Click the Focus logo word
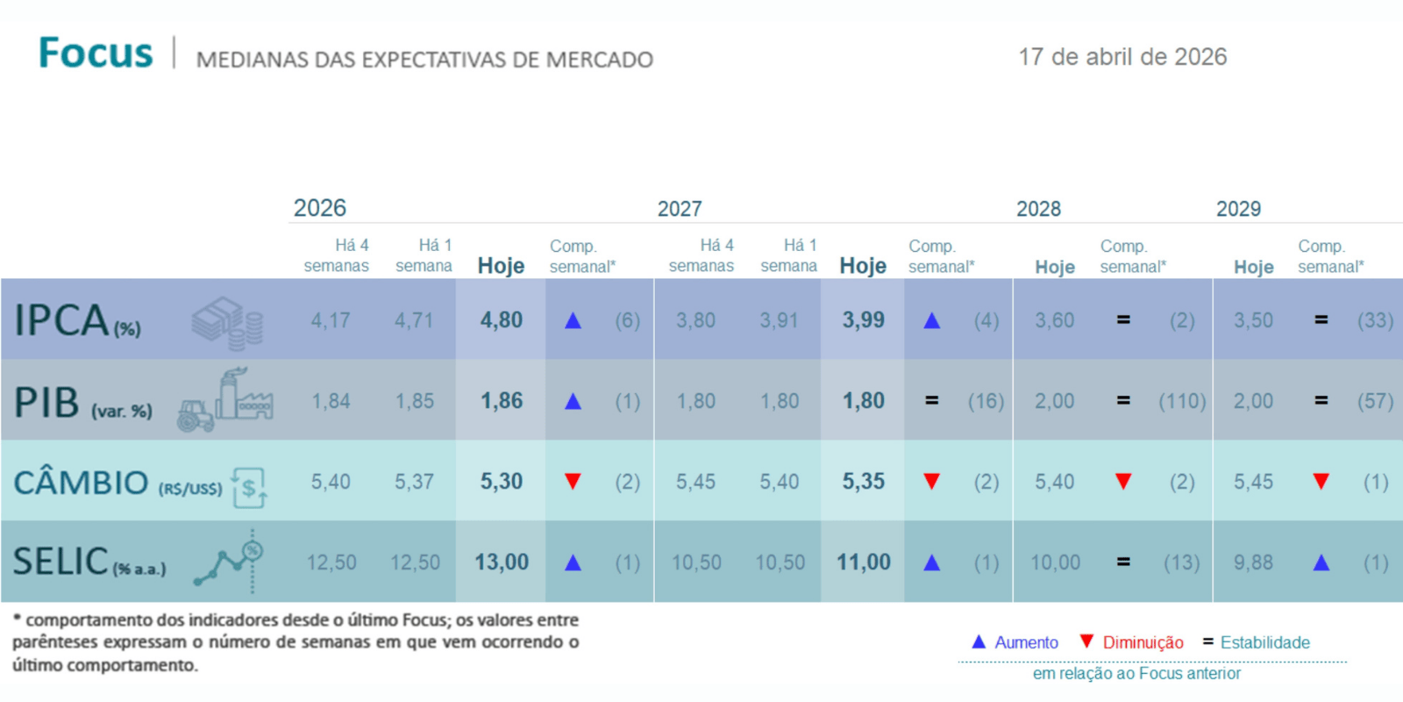pyautogui.click(x=96, y=54)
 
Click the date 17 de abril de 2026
pyautogui.click(x=1122, y=57)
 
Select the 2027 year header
pyautogui.click(x=680, y=209)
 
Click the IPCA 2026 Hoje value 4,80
pyautogui.click(x=501, y=320)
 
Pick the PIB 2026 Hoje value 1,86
pyautogui.click(x=501, y=401)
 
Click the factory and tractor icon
pyautogui.click(x=225, y=401)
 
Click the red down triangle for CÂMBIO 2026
pyautogui.click(x=573, y=481)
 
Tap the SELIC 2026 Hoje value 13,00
pyautogui.click(x=502, y=562)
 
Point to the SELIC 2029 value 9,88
pyautogui.click(x=1253, y=562)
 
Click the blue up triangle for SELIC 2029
pyautogui.click(x=1321, y=562)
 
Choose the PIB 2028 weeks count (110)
pyautogui.click(x=1182, y=402)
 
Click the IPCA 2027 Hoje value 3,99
pyautogui.click(x=863, y=320)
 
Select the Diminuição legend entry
pyautogui.click(x=1132, y=642)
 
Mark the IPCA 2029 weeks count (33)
pyautogui.click(x=1375, y=321)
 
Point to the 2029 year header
pyautogui.click(x=1238, y=209)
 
